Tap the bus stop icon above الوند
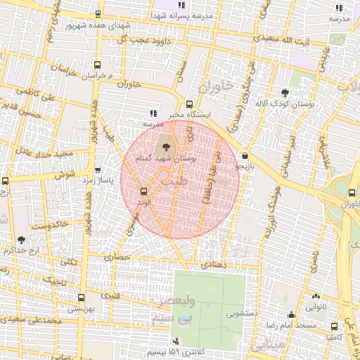[x=143, y=191]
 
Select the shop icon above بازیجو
[x=244, y=155]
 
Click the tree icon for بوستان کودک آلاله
[x=284, y=92]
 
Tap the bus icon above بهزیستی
[x=82, y=297]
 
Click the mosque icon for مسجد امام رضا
[x=291, y=314]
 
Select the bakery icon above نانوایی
[x=314, y=296]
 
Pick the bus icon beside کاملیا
[x=333, y=326]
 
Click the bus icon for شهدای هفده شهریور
[x=98, y=14]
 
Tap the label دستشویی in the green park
[x=229, y=315]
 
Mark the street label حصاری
[x=119, y=258]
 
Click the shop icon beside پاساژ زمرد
[x=97, y=170]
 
